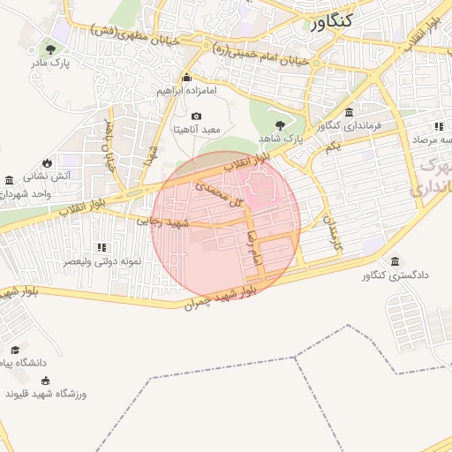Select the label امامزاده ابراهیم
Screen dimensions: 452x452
[x=186, y=90]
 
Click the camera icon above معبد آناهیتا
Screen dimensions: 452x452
[x=195, y=116]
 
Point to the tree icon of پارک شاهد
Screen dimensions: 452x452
[x=281, y=124]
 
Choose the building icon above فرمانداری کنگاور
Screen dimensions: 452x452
[x=350, y=112]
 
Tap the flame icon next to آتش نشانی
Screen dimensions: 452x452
[x=59, y=161]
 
